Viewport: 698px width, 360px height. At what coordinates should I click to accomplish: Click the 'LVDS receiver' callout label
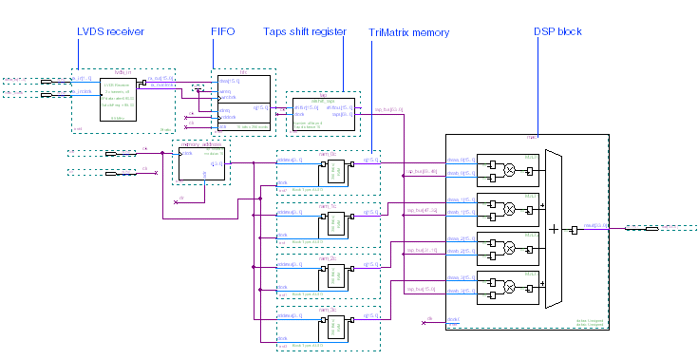(x=110, y=32)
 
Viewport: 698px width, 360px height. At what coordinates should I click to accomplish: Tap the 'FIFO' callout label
(x=222, y=32)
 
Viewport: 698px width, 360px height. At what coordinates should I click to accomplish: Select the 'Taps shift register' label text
(x=304, y=32)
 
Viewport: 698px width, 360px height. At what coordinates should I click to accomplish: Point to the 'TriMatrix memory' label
(x=408, y=32)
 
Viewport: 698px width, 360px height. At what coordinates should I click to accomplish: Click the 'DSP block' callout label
(x=557, y=32)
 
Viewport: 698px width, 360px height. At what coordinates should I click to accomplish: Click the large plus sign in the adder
(x=555, y=229)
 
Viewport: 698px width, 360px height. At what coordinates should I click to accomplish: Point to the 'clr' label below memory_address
(x=180, y=199)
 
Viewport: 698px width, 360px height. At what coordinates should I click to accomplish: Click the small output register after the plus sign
(x=575, y=230)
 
